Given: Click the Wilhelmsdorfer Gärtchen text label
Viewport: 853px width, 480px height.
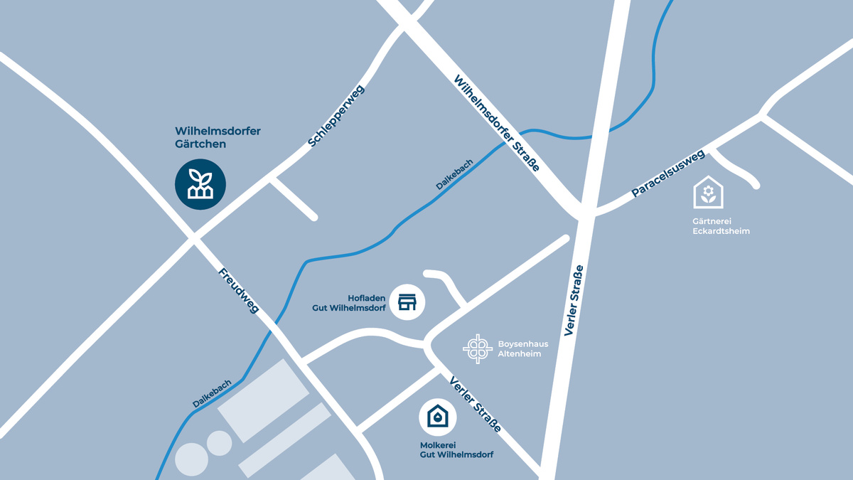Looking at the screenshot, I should (218, 137).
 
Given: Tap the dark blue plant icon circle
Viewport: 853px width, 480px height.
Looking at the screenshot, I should (200, 184).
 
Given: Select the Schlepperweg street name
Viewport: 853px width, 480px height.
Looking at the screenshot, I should (336, 117).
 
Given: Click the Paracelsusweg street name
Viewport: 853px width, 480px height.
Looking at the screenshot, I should (667, 173).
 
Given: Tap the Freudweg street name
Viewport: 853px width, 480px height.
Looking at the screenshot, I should (238, 290).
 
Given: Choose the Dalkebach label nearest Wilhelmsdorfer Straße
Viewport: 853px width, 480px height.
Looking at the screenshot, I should (454, 174).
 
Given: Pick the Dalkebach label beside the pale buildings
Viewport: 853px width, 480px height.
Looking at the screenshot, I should (212, 393).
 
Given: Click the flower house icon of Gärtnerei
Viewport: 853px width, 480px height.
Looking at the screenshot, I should (708, 193).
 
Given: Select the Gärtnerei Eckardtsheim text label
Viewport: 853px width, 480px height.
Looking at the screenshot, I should (721, 226).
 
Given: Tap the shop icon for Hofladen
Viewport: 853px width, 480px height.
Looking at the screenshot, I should (407, 302).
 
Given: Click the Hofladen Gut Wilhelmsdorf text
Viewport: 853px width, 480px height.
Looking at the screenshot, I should (349, 303).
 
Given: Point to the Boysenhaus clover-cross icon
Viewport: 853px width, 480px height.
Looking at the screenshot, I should (478, 348).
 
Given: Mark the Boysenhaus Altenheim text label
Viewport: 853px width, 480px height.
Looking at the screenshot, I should (522, 348).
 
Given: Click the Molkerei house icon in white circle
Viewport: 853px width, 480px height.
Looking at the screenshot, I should (438, 417).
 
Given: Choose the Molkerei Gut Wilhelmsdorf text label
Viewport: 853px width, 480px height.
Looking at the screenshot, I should (456, 449).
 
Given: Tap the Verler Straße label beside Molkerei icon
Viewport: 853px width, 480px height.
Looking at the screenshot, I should (475, 404).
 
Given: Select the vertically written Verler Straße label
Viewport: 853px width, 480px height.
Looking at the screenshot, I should (574, 300).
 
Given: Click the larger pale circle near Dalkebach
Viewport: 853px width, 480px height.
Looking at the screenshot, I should (191, 459).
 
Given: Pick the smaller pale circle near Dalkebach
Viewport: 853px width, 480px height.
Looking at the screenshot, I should (219, 443).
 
